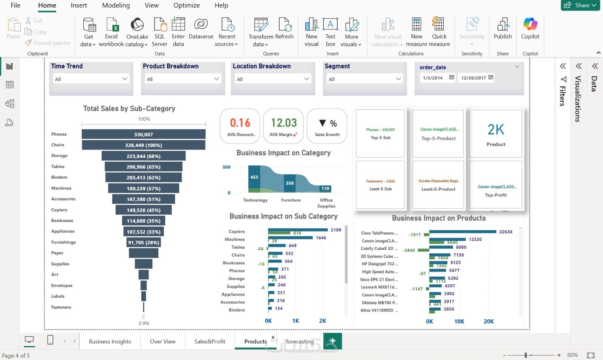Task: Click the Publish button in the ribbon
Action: pos(503,29)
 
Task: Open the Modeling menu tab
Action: pos(116,5)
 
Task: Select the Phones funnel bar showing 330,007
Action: pos(144,134)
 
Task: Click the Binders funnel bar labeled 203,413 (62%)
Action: pos(144,178)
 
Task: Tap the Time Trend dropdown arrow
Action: pos(125,79)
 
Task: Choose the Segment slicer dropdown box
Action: pos(364,79)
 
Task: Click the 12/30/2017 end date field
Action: pos(474,78)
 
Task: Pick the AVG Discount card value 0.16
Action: pos(240,123)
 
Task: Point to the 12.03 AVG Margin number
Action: pos(284,123)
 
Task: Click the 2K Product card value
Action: pos(496,130)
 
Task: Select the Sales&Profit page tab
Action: pos(210,342)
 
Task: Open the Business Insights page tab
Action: pos(110,342)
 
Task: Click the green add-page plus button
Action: pos(332,341)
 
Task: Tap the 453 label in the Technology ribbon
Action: pos(254,177)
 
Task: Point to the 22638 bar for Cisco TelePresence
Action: pos(463,231)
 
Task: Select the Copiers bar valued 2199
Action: pos(298,230)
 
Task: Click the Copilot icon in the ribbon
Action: pos(530,29)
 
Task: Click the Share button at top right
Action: pos(580,5)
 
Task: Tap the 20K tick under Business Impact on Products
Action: pos(488,322)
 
